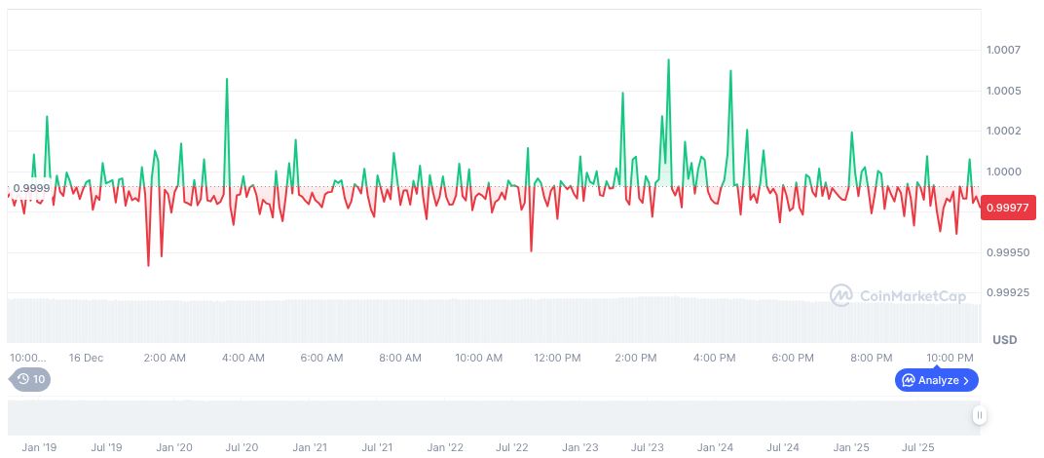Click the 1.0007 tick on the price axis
point(1002,50)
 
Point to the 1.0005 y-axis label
point(1002,91)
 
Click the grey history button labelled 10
point(31,379)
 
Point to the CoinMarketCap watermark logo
point(897,295)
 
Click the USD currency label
point(1004,340)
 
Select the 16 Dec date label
point(86,358)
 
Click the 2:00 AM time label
point(164,358)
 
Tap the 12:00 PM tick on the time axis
point(557,358)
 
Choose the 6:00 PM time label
point(792,358)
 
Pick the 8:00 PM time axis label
point(871,358)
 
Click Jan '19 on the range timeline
point(39,447)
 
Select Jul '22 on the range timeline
point(511,447)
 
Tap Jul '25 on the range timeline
point(918,447)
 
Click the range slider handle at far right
point(980,415)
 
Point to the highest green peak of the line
point(668,60)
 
